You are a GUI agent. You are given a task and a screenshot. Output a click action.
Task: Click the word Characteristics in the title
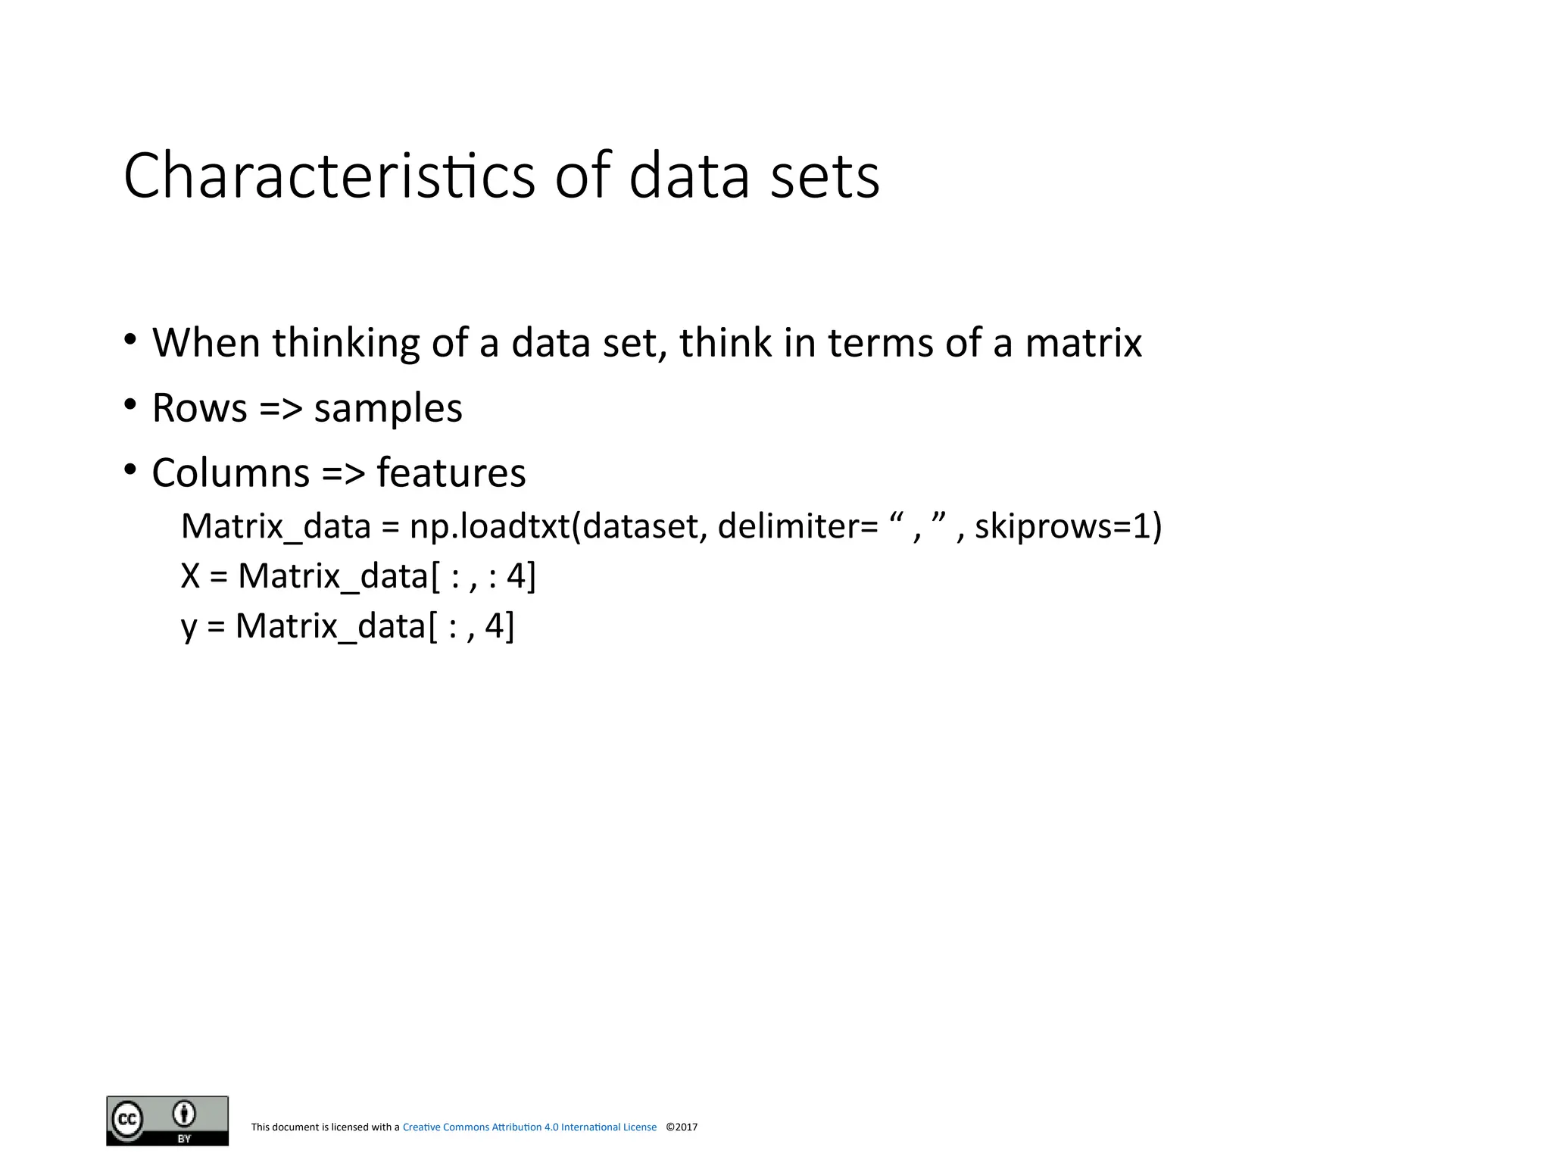[x=329, y=176]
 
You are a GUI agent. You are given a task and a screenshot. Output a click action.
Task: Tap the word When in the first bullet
[x=206, y=342]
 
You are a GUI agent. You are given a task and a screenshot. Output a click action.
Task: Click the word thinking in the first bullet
[x=345, y=342]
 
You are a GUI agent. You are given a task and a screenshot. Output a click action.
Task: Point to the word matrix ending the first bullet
[x=1083, y=342]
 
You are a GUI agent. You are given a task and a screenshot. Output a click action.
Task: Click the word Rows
[x=199, y=408]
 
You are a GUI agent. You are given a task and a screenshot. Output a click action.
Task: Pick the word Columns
[x=230, y=473]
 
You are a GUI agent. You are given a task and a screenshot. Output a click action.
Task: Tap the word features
[x=451, y=473]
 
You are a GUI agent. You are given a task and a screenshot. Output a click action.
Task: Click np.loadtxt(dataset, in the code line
[x=558, y=526]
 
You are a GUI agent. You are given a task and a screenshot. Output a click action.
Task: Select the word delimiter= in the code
[x=797, y=526]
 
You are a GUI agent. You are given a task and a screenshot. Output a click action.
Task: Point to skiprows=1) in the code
[x=1068, y=526]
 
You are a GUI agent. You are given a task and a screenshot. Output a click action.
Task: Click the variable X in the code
[x=190, y=576]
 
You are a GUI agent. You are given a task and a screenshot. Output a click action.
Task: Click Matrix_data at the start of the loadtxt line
[x=276, y=526]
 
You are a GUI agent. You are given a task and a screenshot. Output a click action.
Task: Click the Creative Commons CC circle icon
[x=127, y=1119]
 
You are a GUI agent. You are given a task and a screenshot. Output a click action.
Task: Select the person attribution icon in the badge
[x=184, y=1114]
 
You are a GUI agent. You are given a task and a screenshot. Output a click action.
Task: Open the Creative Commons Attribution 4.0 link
[x=529, y=1127]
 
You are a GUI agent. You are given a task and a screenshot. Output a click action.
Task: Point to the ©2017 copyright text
[x=682, y=1127]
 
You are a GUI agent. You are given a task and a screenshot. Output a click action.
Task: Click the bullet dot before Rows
[x=131, y=405]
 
